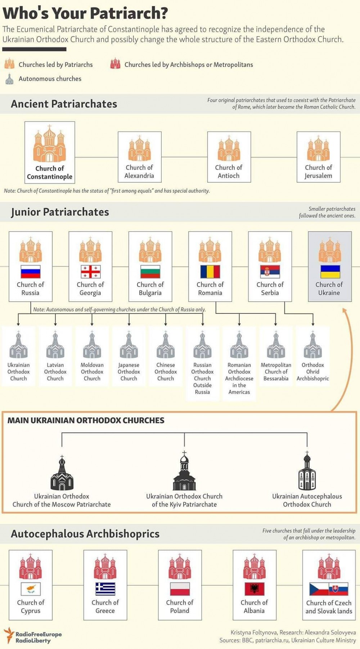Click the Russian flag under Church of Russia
[x=31, y=272]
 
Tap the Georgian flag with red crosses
[x=90, y=272]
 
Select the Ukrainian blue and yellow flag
[x=330, y=272]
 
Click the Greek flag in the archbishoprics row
[x=105, y=589]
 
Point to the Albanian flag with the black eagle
[x=255, y=589]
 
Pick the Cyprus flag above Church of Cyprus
[x=31, y=589]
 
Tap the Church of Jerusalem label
[x=318, y=172]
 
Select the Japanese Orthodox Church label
[x=129, y=372]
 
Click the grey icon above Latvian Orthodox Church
[x=55, y=345]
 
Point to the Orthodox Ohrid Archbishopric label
[x=313, y=372]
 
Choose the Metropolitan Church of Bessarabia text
[x=276, y=372]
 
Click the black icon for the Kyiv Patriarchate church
[x=184, y=471]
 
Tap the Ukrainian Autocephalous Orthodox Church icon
[x=307, y=471]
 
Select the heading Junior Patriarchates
[x=60, y=212]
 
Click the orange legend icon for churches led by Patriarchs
[x=9, y=64]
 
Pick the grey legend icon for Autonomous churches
[x=9, y=79]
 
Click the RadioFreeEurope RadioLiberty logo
[x=33, y=636]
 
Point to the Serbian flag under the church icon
[x=270, y=272]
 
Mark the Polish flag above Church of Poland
[x=180, y=589]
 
